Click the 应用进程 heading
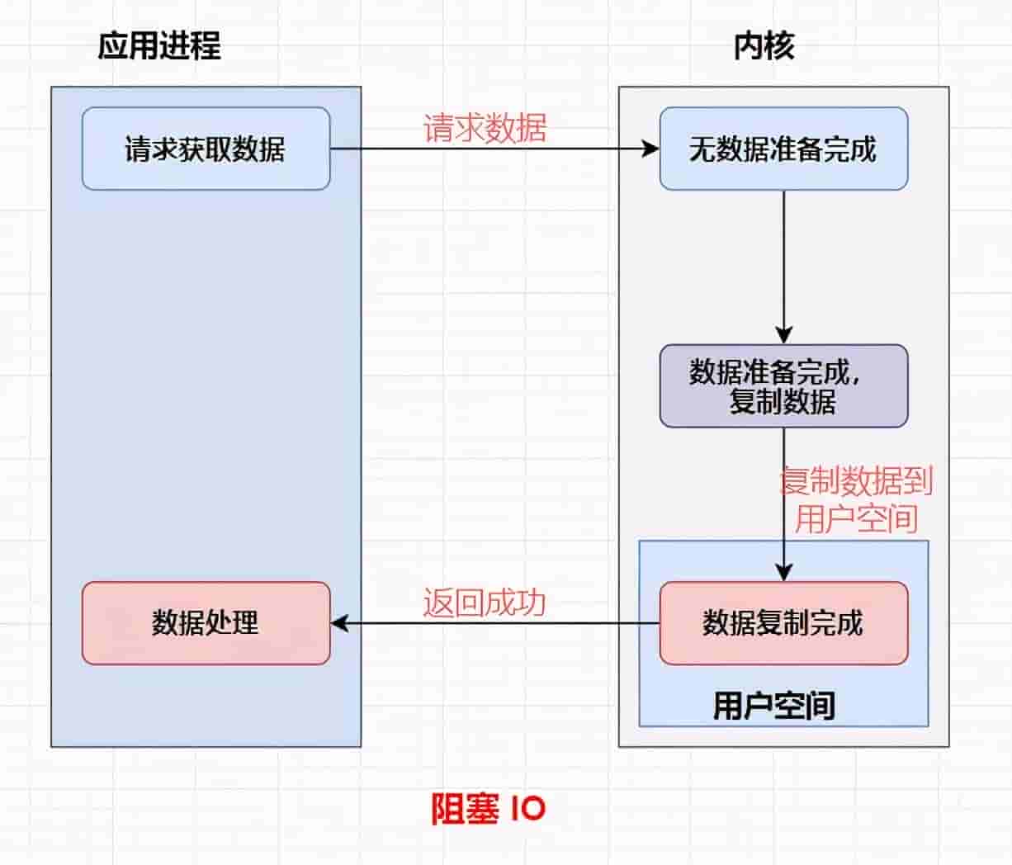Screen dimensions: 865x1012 [x=159, y=45]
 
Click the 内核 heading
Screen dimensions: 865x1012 [x=764, y=45]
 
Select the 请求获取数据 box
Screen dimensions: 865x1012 [x=206, y=149]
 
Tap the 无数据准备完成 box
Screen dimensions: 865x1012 [x=783, y=149]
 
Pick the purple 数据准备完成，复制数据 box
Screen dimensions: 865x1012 [x=783, y=385]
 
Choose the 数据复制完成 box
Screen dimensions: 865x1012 [x=783, y=622]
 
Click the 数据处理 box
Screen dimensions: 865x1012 [x=206, y=622]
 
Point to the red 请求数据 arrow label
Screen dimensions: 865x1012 [x=485, y=128]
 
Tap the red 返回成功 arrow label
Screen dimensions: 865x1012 [x=485, y=603]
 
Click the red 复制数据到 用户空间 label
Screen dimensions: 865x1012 [x=856, y=499]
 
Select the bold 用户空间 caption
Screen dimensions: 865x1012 [x=773, y=705]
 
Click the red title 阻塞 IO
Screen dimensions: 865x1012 [x=488, y=808]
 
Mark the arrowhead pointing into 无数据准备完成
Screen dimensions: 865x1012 [x=651, y=149]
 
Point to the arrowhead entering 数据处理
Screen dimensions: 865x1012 [x=338, y=623]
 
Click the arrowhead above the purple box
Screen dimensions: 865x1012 [x=783, y=335]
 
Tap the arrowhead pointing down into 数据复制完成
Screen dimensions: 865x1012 [x=783, y=573]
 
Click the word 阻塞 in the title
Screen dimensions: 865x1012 [x=465, y=808]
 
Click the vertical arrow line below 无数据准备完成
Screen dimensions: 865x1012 [x=783, y=256]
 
